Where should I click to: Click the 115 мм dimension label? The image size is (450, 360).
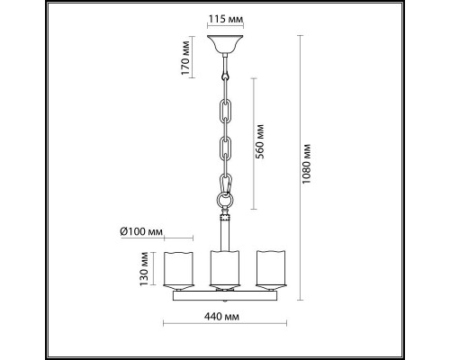[x=225, y=19]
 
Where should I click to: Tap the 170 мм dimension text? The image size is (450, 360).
[x=185, y=58]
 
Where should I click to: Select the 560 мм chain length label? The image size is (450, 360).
[x=260, y=141]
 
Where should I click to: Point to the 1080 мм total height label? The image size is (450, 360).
[x=307, y=164]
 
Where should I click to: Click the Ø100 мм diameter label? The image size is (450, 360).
[x=141, y=231]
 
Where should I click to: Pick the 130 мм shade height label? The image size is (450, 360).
[x=144, y=269]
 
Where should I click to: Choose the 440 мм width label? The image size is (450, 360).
[x=221, y=317]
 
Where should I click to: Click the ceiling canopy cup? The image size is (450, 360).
[x=225, y=44]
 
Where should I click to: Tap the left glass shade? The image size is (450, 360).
[x=178, y=269]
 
